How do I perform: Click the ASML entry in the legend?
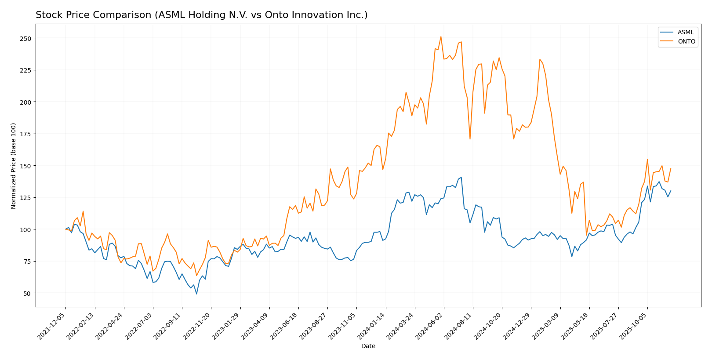coord(685,33)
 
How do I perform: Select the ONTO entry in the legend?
coord(686,42)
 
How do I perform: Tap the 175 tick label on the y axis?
coord(26,134)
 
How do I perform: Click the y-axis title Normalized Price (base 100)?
coord(14,166)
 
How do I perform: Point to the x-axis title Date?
coord(368,346)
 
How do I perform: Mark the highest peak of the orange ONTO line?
coord(441,36)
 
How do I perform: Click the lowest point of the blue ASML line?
coord(196,294)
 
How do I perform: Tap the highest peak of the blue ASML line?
coord(461,177)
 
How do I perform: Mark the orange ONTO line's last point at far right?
coord(671,168)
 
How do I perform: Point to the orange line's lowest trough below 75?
coord(196,276)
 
